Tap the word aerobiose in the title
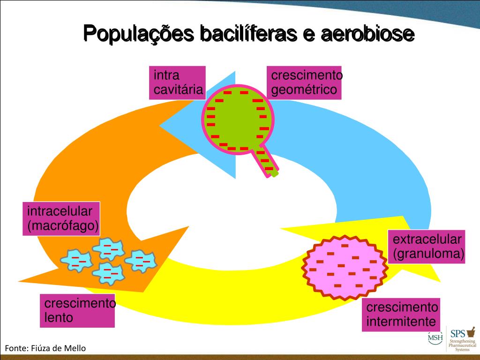tap(368, 34)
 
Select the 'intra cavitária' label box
tap(178, 83)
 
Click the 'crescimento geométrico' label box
tap(304, 83)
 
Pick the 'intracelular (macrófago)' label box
tap(61, 219)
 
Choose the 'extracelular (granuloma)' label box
tap(427, 247)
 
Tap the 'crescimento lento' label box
tap(77, 310)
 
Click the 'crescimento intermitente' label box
tap(401, 315)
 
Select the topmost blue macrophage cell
tap(108, 248)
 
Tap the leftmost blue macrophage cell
tap(77, 260)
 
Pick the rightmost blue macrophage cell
tap(140, 260)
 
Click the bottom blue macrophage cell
tap(108, 272)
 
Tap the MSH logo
tap(435, 337)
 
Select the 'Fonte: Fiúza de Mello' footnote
tap(45, 348)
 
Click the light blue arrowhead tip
tap(162, 125)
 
